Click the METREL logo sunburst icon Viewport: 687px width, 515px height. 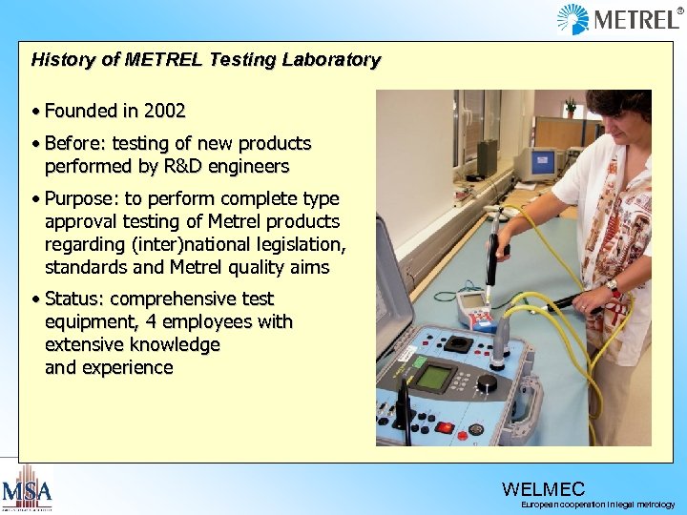[x=573, y=19]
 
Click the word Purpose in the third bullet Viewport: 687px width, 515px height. [x=79, y=198]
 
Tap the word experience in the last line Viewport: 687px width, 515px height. [x=128, y=367]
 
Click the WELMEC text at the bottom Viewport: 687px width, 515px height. [x=543, y=489]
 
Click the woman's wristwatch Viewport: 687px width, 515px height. [x=613, y=287]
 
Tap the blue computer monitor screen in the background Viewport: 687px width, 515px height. [x=540, y=161]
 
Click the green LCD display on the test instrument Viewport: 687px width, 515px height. [x=436, y=377]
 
